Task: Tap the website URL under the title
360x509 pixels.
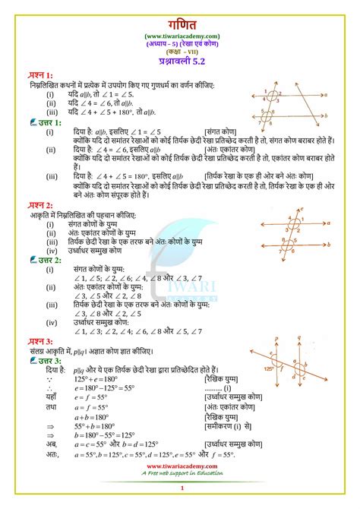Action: click(x=180, y=34)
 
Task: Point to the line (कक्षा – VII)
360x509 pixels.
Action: click(x=180, y=50)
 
